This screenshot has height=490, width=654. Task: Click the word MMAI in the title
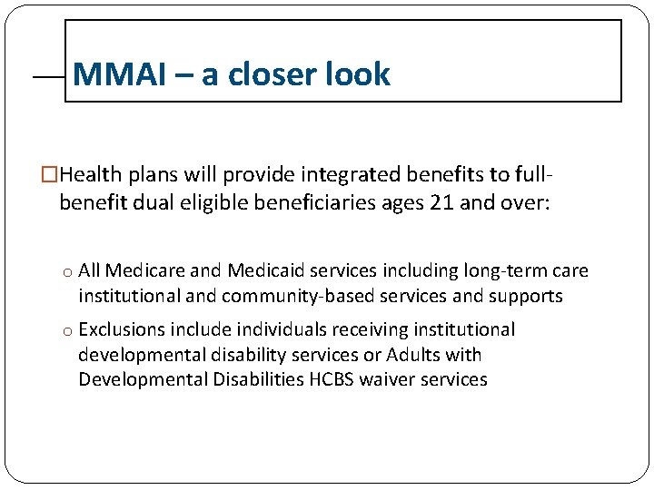click(118, 74)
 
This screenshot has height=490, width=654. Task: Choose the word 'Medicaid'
click(263, 271)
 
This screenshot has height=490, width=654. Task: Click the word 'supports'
click(527, 297)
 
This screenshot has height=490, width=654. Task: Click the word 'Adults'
click(415, 355)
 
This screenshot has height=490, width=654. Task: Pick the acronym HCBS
click(330, 379)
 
